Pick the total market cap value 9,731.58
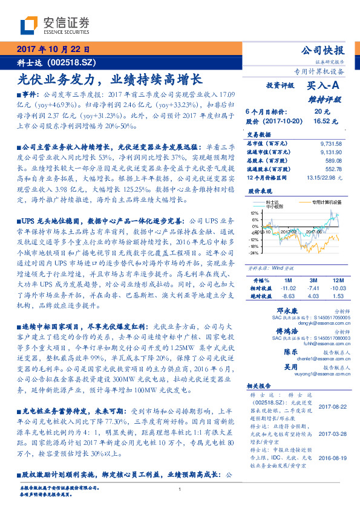pos(330,143)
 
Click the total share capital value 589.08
pos(333,160)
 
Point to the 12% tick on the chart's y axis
pos(254,213)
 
